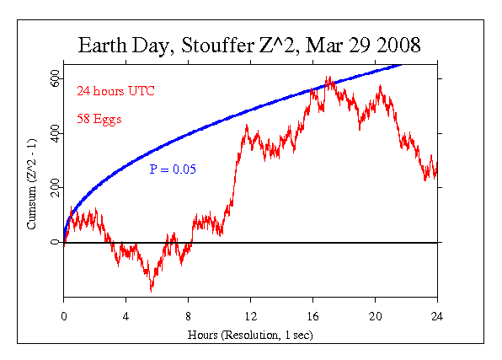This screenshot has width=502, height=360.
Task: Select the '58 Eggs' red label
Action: click(99, 119)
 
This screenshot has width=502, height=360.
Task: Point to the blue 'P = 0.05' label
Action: click(173, 169)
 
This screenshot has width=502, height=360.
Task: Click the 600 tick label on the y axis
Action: click(54, 78)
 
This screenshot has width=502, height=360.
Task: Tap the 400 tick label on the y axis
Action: click(54, 133)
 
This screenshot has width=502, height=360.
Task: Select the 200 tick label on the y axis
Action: click(54, 188)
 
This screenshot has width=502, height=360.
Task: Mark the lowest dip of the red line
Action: click(152, 290)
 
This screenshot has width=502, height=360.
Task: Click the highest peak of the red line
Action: click(329, 78)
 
